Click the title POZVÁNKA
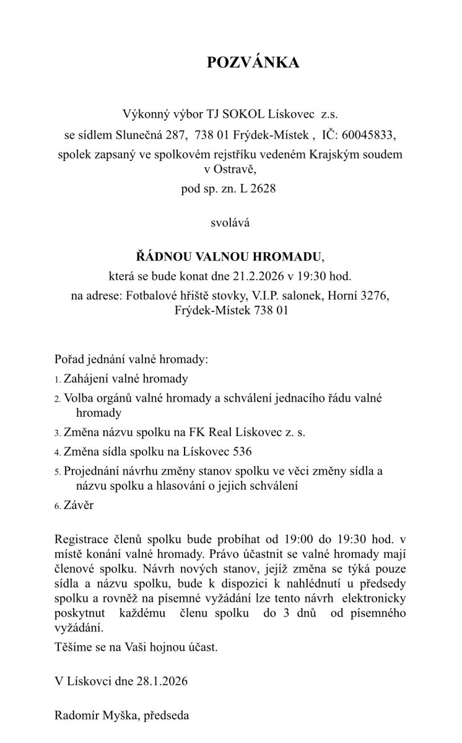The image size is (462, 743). (253, 63)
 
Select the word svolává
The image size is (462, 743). (230, 223)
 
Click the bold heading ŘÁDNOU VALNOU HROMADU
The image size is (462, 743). (229, 256)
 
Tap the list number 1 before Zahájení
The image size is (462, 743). (58, 380)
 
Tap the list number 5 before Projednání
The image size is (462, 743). (58, 472)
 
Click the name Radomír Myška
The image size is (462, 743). (97, 716)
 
